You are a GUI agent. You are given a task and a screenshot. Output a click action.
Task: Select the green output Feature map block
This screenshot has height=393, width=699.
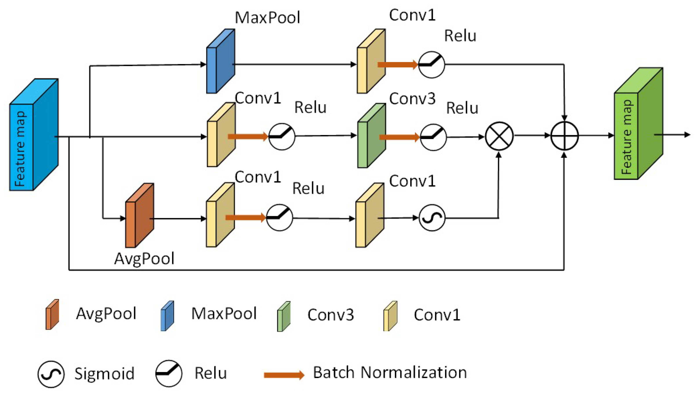(638, 124)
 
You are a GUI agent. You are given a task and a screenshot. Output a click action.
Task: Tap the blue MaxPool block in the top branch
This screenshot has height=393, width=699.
(221, 61)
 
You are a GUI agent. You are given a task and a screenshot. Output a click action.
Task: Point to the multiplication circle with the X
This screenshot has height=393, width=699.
(499, 136)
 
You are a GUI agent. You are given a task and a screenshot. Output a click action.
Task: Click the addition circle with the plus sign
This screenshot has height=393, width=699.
(565, 136)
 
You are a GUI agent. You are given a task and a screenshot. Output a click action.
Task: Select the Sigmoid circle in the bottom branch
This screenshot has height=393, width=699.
(432, 218)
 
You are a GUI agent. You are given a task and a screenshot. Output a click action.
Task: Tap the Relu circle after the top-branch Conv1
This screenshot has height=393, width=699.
(431, 65)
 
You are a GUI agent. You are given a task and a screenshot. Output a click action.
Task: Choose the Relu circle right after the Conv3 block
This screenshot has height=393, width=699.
(433, 137)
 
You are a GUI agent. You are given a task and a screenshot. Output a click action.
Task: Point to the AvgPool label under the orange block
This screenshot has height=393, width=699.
(144, 259)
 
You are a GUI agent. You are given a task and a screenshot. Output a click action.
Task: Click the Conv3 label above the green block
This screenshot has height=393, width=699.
(412, 99)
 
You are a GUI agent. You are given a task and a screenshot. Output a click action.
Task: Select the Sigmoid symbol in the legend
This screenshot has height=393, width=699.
(51, 374)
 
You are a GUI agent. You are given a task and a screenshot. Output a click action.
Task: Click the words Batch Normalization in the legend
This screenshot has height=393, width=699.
(390, 372)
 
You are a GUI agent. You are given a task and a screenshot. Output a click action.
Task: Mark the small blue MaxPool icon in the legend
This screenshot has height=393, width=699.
(167, 316)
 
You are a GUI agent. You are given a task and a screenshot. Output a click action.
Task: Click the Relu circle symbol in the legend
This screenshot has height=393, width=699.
(169, 373)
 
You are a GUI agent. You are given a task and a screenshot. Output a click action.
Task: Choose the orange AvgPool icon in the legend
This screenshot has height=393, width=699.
(52, 314)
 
